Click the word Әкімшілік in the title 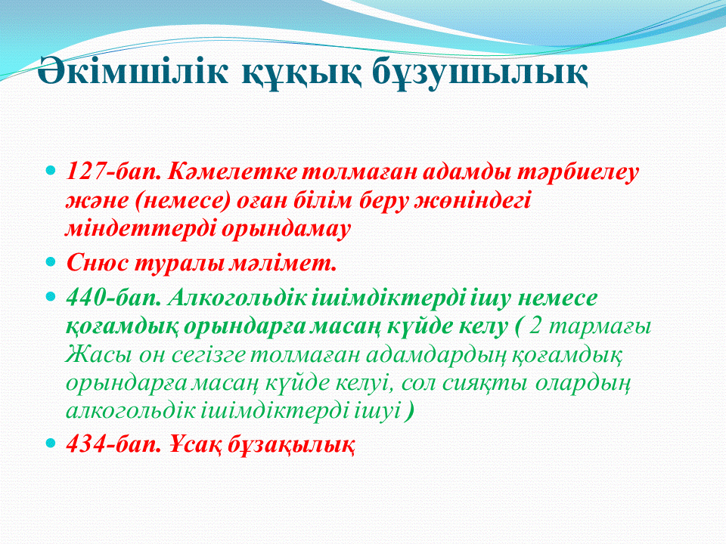point(132,71)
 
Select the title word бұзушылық point(479,73)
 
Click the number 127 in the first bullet point(85,172)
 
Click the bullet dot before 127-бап point(51,169)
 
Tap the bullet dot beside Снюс point(51,262)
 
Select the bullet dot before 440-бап point(51,296)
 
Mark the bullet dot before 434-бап point(51,443)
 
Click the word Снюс point(98,264)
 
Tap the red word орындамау point(286,230)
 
